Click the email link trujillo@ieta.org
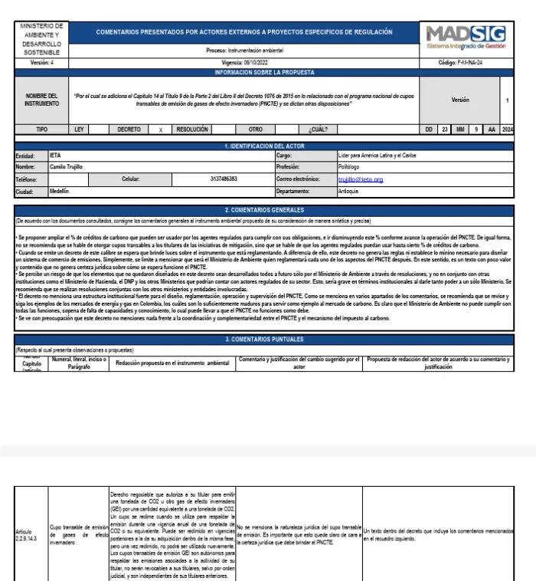click(360, 179)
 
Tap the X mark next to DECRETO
click(160, 130)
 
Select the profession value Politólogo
click(354, 167)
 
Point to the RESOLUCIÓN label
click(192, 130)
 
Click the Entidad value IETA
click(55, 156)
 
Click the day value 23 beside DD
click(445, 130)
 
